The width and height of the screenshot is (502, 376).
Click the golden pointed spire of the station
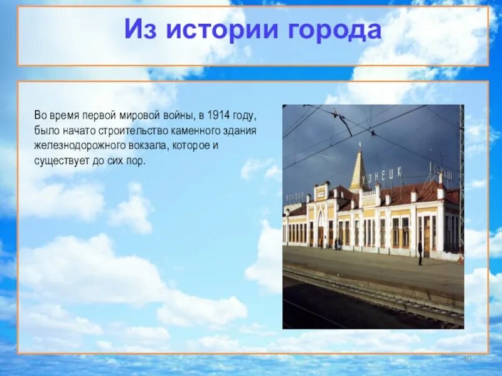pos(359,170)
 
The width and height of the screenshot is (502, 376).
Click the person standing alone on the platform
pos(420,253)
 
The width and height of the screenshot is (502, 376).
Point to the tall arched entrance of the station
pos(321,228)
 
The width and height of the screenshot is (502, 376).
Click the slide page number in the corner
pos(467,358)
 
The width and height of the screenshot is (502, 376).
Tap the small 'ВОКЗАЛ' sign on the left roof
pos(294,196)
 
